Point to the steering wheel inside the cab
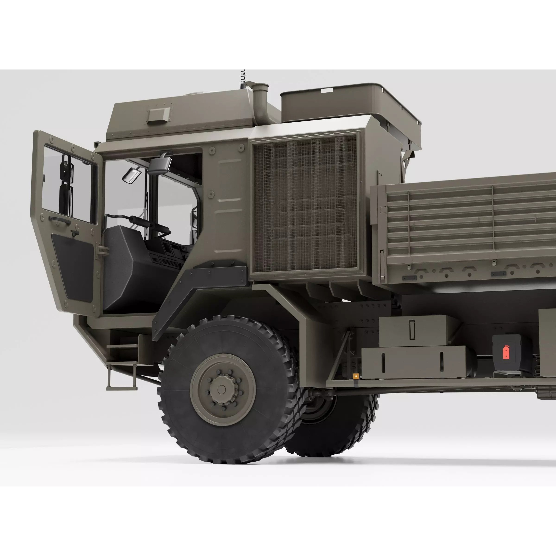(155, 227)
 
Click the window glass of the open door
(69, 184)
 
